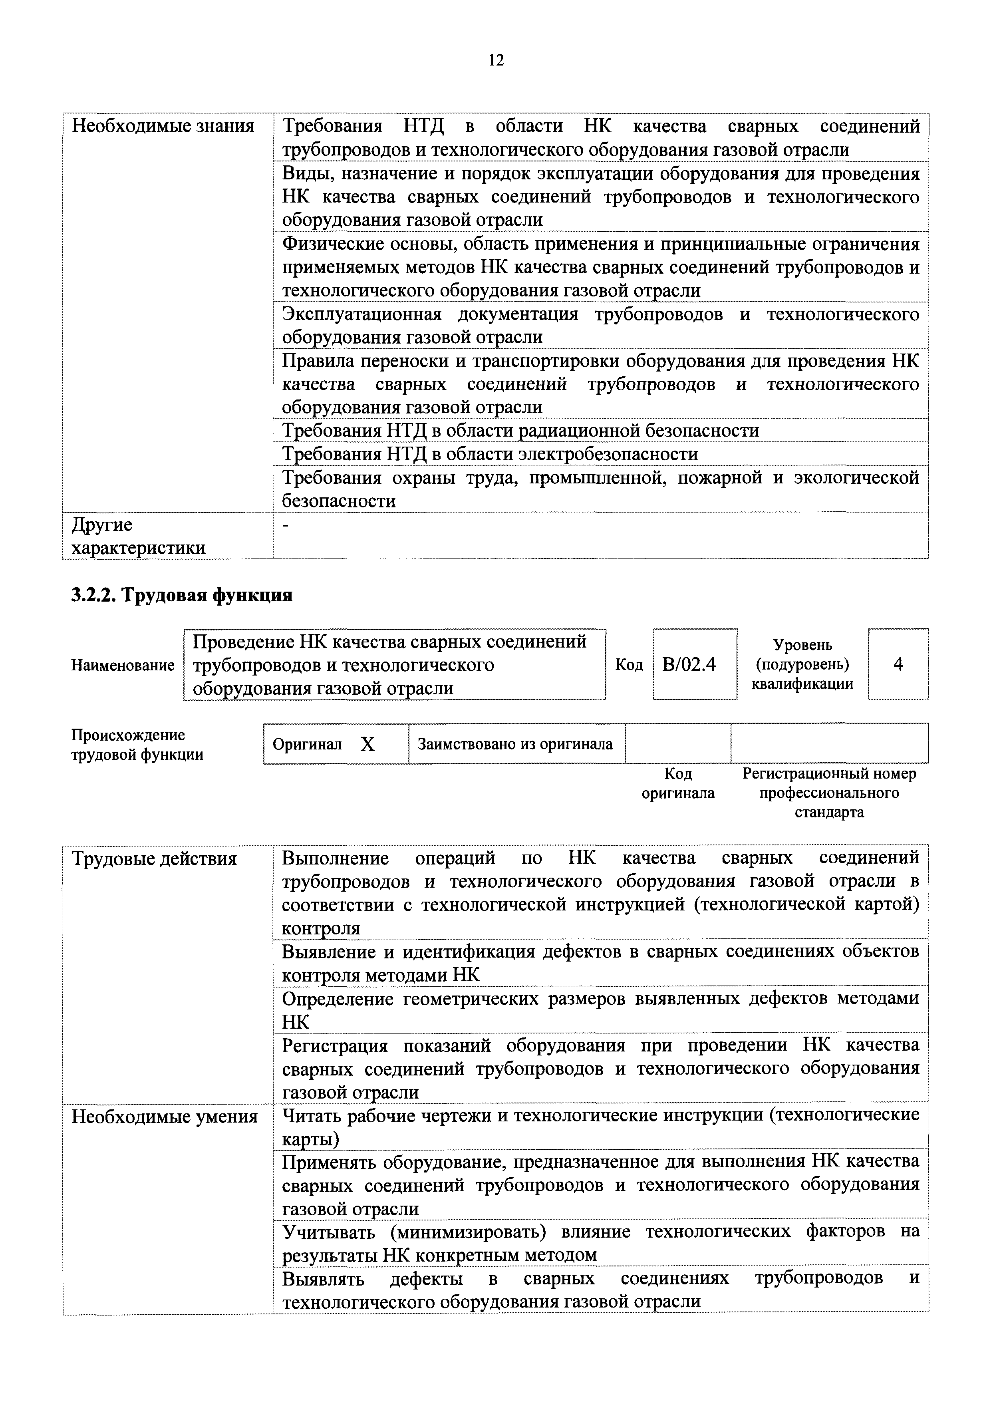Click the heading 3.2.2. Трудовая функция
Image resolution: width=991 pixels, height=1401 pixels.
[x=182, y=595]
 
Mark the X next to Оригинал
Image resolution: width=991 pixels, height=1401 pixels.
[x=367, y=744]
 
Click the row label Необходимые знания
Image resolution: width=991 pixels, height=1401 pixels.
[x=163, y=126]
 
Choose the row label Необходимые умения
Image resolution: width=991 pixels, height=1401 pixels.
[x=165, y=1117]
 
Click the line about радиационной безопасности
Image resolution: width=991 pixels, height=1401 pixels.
[x=520, y=431]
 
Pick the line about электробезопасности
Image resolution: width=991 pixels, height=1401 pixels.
[x=490, y=454]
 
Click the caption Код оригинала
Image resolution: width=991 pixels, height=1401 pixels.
[x=678, y=783]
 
